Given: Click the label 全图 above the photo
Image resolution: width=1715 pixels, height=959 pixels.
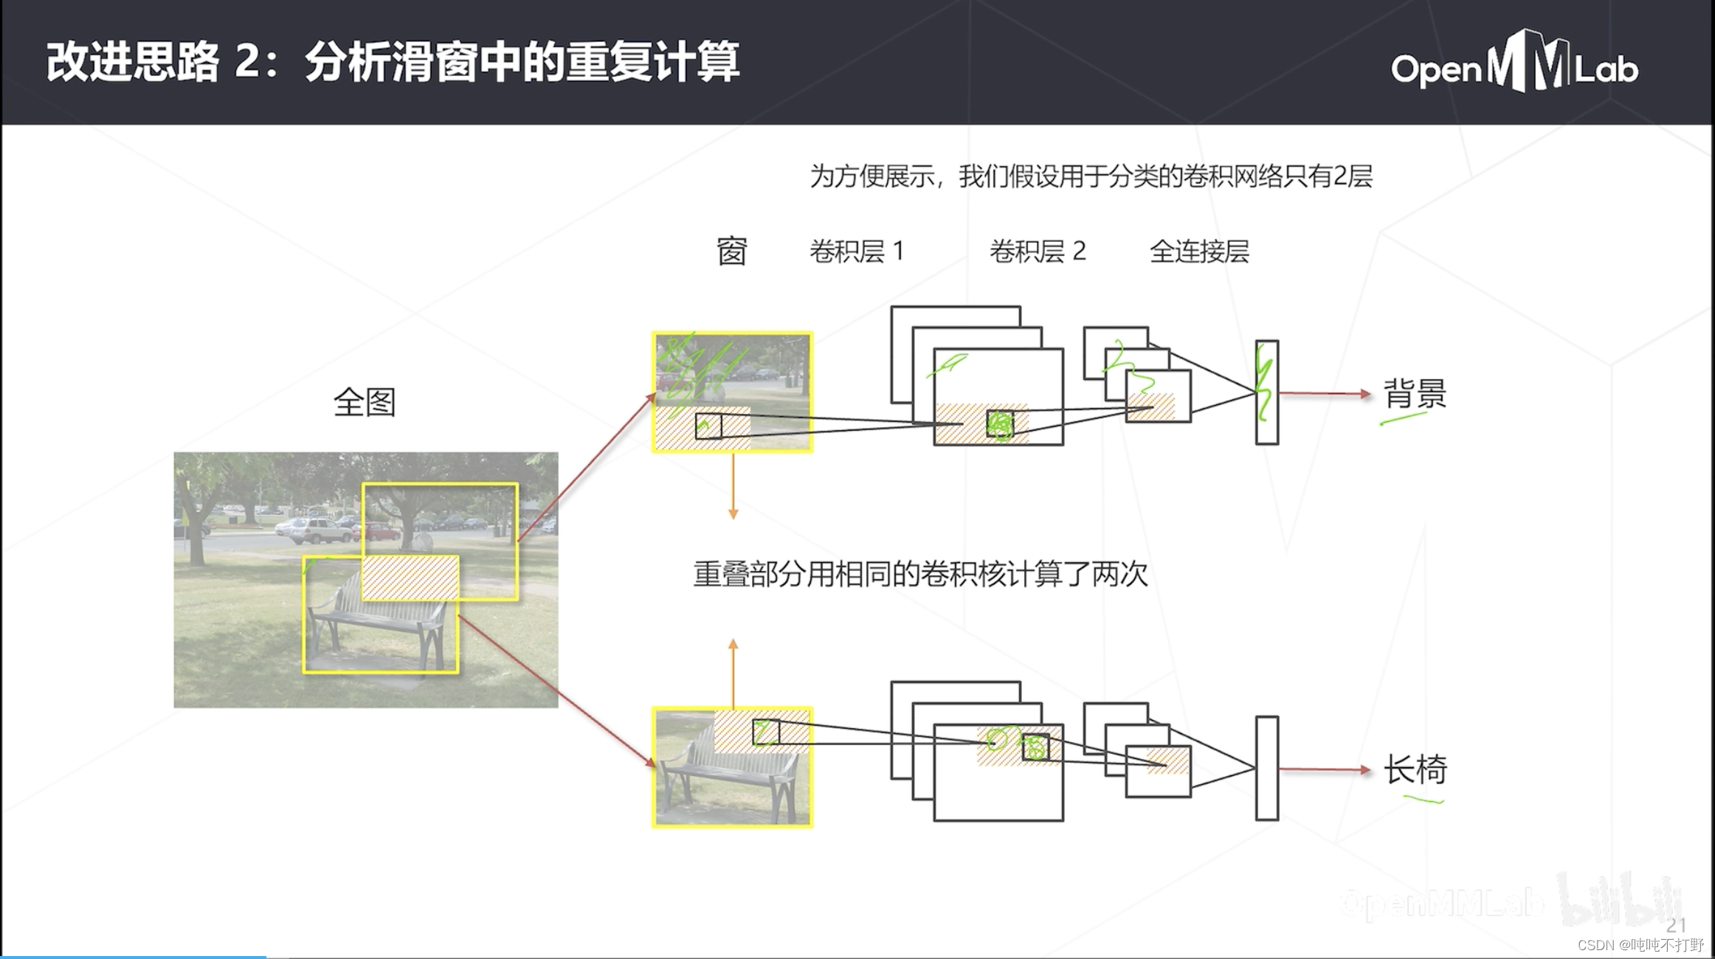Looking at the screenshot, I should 365,402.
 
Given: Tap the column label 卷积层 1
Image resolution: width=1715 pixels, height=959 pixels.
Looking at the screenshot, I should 857,252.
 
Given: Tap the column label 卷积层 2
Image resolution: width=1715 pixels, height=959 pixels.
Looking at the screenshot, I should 1037,252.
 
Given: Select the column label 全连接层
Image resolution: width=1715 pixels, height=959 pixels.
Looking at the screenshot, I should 1199,252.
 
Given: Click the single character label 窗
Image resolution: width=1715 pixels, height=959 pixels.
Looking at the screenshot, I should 731,252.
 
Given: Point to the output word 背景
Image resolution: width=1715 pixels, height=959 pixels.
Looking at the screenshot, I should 1414,393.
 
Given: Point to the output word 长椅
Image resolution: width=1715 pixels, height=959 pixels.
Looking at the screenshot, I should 1414,769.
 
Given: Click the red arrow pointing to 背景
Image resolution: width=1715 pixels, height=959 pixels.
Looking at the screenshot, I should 1324,394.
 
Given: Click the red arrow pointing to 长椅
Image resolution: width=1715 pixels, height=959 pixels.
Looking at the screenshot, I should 1324,769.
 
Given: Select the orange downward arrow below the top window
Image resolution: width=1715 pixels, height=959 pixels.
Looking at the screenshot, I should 733,487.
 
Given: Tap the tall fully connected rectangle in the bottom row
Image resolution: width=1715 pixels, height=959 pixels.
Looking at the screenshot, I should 1267,768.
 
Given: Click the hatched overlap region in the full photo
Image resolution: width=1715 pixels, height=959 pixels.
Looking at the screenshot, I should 410,578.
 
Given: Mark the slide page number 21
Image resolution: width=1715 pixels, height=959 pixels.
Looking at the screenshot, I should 1675,925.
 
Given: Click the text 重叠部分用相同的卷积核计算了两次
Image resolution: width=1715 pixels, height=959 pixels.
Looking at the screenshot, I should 920,574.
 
